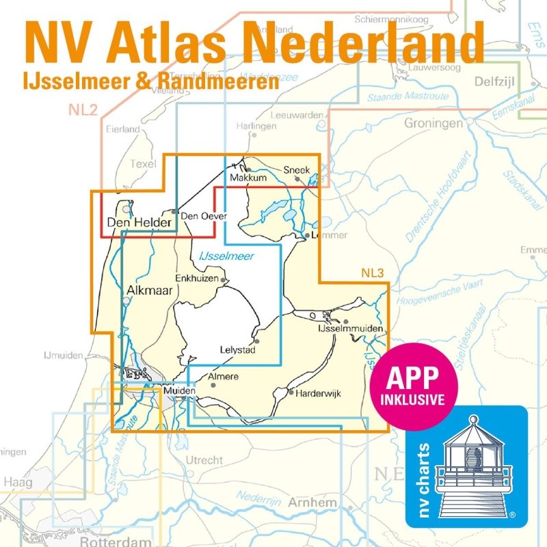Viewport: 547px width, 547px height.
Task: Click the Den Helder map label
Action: [139, 222]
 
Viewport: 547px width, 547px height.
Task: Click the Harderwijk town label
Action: [318, 393]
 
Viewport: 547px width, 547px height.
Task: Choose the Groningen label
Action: [432, 124]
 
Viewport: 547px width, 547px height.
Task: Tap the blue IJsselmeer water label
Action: [226, 256]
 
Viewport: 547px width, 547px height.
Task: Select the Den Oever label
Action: [203, 217]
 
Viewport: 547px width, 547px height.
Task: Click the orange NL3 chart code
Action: [373, 274]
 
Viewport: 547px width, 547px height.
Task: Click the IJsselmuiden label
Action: [351, 330]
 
